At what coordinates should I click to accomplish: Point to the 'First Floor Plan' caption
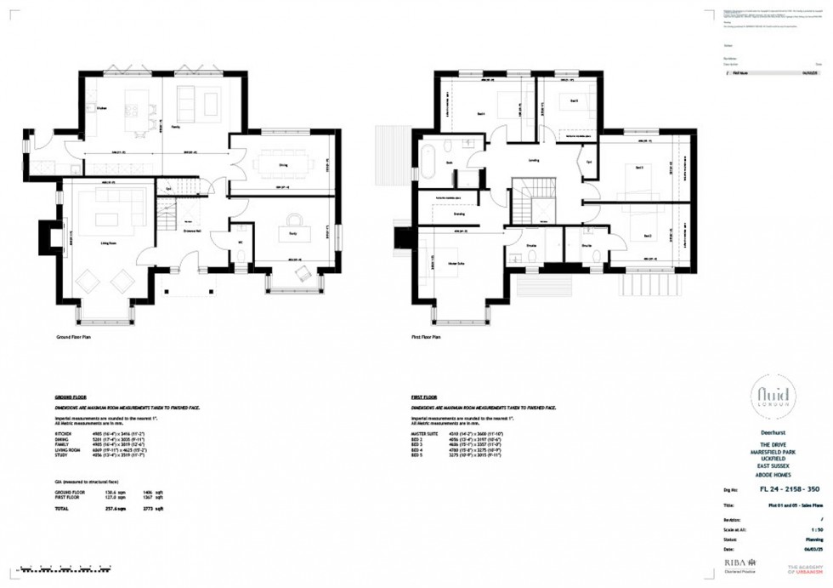[426, 337]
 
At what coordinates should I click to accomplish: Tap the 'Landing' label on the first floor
[534, 159]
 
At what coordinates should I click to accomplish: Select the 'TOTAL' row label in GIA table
[63, 509]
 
